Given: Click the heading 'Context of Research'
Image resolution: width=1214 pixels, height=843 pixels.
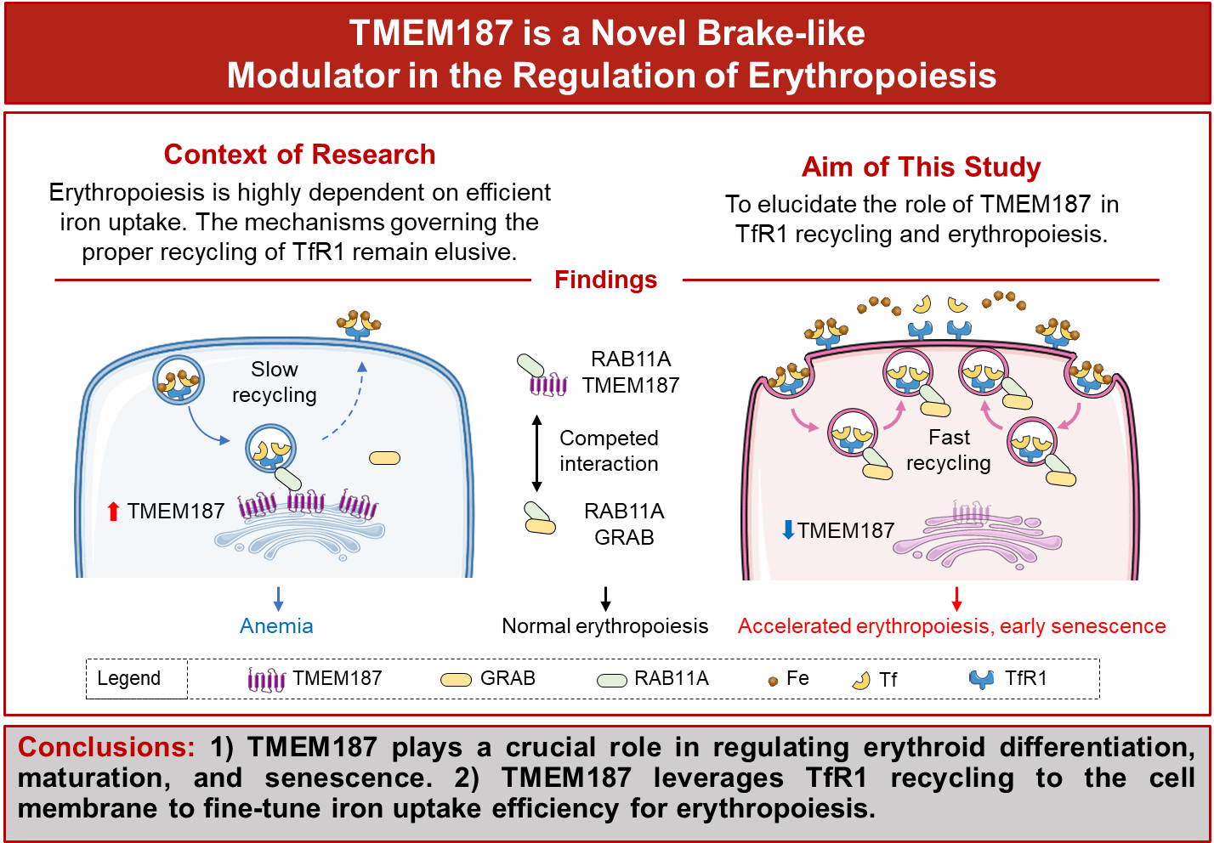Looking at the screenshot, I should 299,155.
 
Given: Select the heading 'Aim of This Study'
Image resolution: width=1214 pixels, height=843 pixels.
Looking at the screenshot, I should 921,167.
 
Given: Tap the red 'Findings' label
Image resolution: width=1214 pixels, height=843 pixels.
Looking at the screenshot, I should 605,280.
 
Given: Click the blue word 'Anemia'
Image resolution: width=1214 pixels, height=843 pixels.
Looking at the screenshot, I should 276,626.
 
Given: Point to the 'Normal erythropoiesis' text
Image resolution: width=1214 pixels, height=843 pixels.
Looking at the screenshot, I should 604,626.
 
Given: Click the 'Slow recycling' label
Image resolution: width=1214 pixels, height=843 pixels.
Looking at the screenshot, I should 274,382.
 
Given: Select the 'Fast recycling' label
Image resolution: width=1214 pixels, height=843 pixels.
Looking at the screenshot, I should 948,450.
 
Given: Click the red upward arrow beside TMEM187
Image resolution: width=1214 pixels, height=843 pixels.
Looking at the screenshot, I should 113,511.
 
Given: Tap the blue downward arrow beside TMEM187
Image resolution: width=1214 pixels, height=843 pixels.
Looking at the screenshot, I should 788,530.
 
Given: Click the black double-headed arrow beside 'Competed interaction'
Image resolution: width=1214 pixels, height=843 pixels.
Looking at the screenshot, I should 536,453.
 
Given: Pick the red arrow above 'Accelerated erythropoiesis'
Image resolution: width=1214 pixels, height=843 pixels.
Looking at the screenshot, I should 956,599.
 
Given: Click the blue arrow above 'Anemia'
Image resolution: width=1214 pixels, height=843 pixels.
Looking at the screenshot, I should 278,599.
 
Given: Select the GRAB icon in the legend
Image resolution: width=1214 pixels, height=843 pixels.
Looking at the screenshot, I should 456,680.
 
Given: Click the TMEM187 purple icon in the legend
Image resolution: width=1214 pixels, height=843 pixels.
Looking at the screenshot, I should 266,680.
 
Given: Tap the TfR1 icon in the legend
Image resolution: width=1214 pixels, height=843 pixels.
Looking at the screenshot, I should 982,680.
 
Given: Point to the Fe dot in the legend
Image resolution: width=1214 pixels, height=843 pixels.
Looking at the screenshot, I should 773,682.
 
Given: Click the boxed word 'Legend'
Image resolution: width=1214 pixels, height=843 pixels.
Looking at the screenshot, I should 129,679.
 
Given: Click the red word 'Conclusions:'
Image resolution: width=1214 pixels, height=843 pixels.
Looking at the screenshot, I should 106,747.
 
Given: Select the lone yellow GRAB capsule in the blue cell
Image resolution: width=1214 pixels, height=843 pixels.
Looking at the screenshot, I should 384,459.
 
